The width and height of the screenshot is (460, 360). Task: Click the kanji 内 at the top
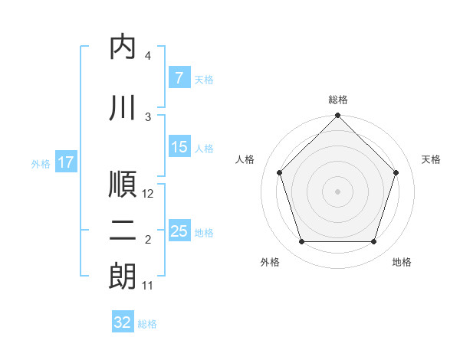click(123, 47)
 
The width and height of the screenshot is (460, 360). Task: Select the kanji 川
click(123, 108)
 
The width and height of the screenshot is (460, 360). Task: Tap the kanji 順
click(123, 185)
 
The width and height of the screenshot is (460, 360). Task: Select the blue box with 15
click(179, 148)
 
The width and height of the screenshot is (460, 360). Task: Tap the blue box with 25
click(179, 231)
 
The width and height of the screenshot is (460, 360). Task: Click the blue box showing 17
click(65, 162)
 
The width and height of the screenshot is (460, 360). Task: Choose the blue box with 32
click(123, 322)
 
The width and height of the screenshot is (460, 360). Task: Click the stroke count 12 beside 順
click(149, 194)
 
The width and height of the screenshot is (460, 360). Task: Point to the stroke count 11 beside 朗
click(149, 286)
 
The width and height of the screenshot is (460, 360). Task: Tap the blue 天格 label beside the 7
click(204, 80)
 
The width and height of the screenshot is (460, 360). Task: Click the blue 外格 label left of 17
click(41, 163)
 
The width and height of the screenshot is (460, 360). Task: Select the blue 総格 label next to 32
click(147, 323)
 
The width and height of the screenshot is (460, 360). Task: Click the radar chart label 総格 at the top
click(338, 100)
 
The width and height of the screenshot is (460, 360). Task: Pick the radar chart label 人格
click(245, 159)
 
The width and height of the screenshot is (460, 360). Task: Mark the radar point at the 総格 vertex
click(338, 117)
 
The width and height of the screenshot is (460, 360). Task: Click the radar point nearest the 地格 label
click(374, 242)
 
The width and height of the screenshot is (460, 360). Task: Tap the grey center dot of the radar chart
click(338, 191)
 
